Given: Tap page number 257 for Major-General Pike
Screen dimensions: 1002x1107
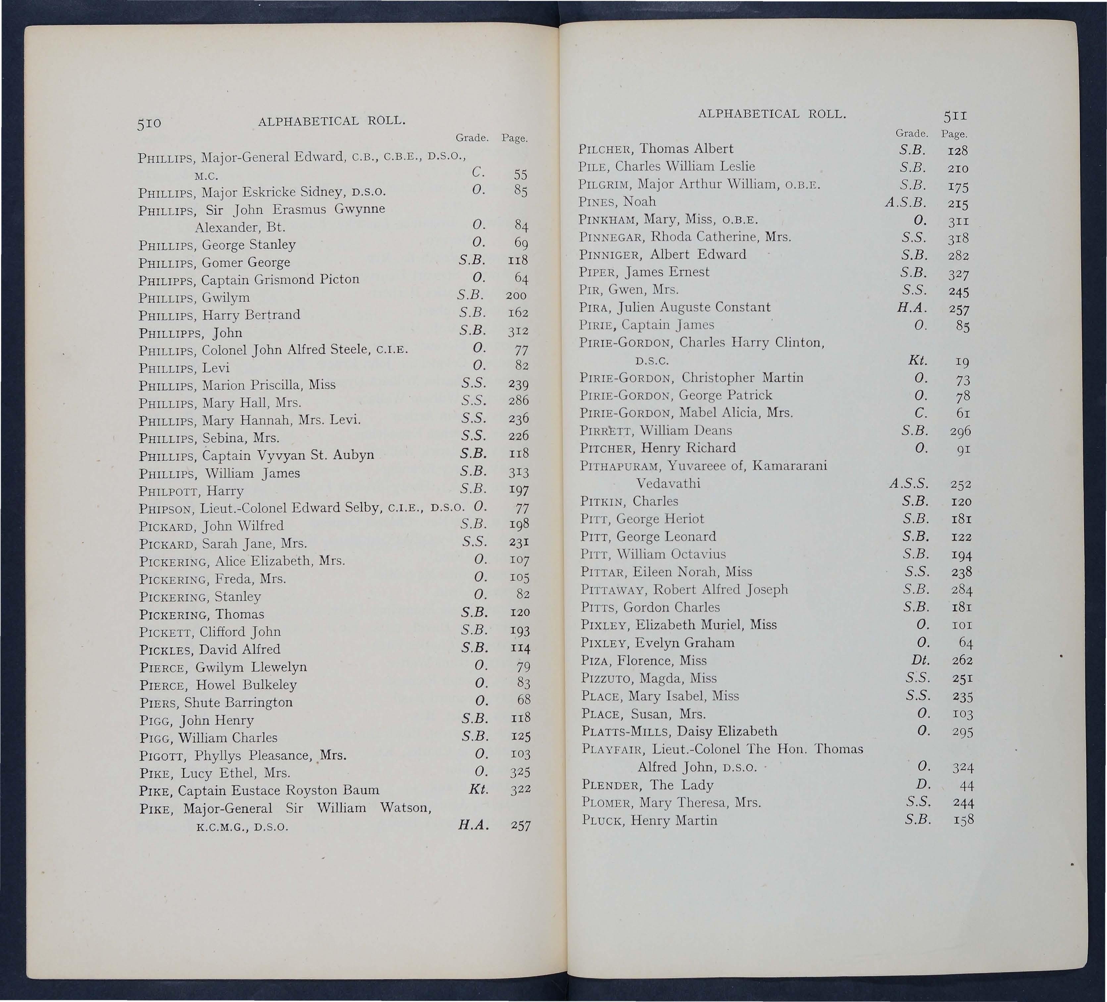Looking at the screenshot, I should pos(520,826).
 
